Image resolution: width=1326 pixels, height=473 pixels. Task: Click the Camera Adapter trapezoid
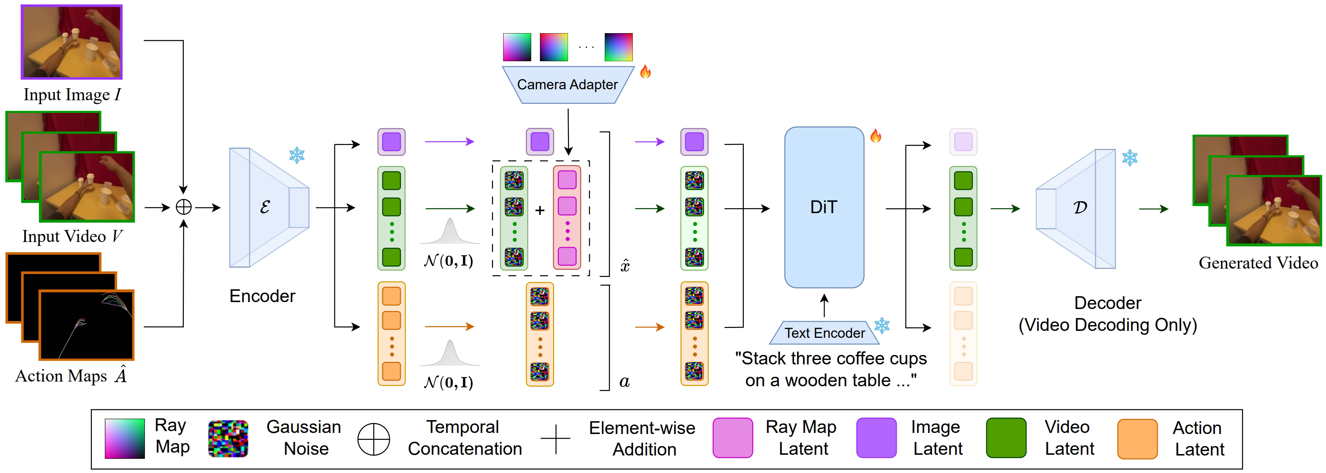567,85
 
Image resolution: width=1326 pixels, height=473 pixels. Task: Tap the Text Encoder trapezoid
824,333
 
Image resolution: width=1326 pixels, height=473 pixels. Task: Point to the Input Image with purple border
72,42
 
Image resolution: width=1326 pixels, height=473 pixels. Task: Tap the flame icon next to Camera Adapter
646,72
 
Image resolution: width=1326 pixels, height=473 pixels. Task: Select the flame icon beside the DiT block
876,136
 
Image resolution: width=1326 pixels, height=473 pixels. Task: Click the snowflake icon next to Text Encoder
882,325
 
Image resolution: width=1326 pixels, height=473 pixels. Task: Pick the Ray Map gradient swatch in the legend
125,438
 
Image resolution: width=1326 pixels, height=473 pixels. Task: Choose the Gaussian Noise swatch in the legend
228,438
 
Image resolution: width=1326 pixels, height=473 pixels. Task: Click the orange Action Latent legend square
1137,438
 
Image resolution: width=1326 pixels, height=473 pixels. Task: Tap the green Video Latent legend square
1006,438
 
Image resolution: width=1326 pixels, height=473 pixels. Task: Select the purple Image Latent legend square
876,438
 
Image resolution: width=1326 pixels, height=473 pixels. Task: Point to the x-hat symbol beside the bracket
625,266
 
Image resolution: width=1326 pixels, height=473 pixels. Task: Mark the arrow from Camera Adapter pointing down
568,132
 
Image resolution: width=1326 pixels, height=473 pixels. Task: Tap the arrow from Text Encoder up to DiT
824,305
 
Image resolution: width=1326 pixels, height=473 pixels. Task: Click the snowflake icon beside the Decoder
1129,158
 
